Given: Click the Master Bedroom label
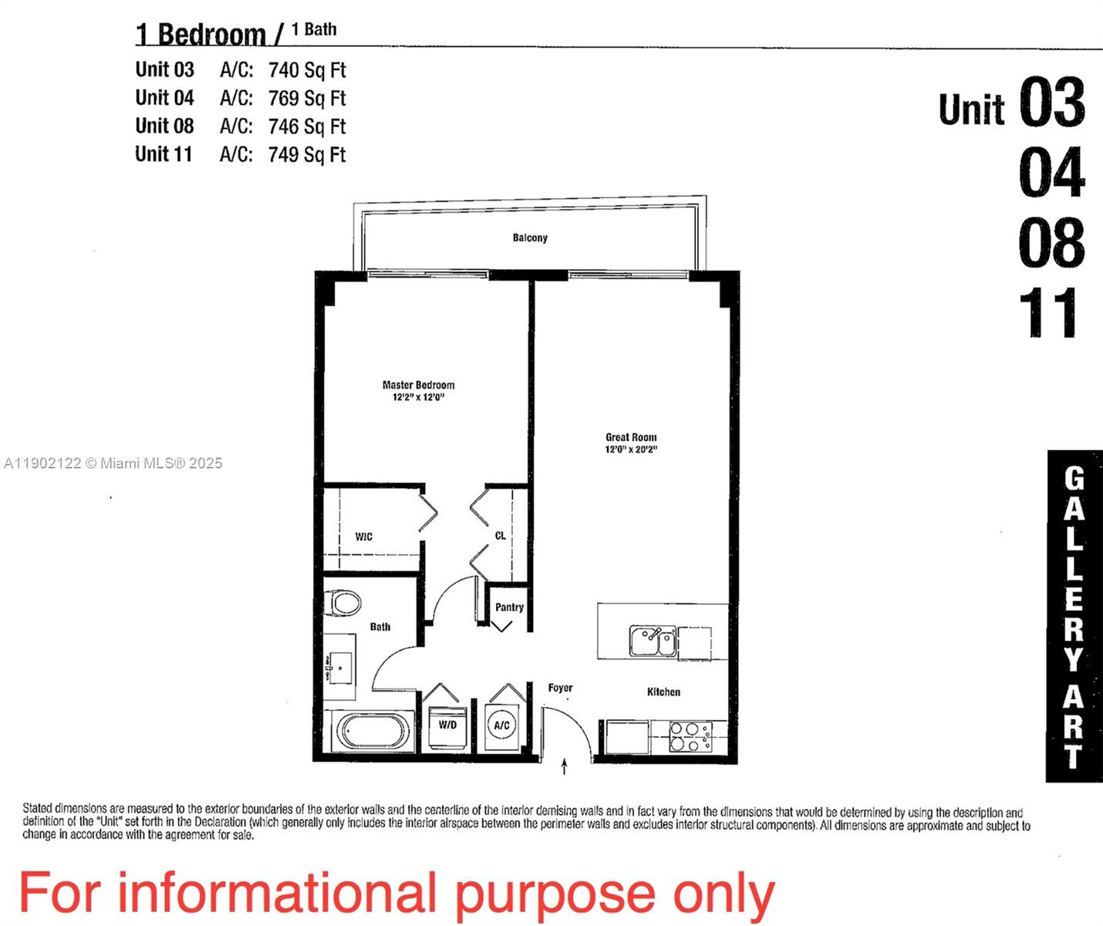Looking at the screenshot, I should [418, 384].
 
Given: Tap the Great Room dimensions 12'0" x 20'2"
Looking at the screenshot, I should [631, 449].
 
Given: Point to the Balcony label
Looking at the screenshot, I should [530, 238].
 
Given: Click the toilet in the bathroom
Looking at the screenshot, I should [343, 603].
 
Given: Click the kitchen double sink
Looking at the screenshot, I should [653, 641].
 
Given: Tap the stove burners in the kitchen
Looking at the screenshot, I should [690, 735].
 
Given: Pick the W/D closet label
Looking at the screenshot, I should [447, 725].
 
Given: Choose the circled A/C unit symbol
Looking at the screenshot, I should [501, 725].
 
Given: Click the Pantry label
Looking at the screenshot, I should [509, 607].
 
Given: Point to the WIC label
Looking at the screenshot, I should [363, 536].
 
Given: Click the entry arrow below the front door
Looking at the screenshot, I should [565, 766].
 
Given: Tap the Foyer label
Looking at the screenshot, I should [560, 688].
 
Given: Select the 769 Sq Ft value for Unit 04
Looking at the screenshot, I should [307, 99].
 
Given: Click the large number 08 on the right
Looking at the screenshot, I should [1051, 242].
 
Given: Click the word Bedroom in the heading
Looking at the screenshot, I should [211, 35].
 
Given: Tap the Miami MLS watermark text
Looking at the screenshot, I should [113, 463].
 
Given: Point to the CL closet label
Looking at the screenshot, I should [500, 536].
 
